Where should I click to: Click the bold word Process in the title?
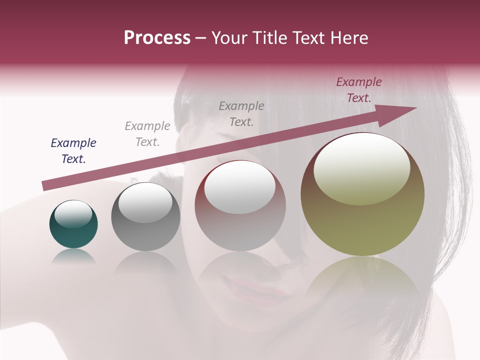(x=157, y=38)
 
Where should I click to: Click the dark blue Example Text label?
(x=73, y=151)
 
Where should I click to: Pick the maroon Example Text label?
(x=358, y=90)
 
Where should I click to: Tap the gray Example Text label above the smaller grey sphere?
(x=147, y=134)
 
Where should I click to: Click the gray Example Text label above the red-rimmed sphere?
(x=241, y=113)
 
